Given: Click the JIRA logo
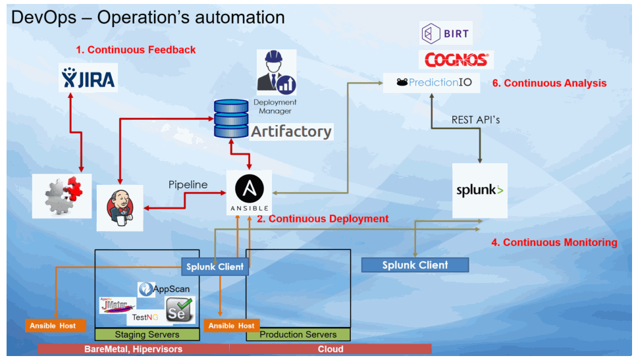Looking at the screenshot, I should [x=88, y=78].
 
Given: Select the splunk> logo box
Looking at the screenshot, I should [x=480, y=191].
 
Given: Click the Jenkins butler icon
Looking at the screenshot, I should [x=120, y=207].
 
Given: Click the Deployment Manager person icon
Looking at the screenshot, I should [x=276, y=74].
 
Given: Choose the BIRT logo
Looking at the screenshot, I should [x=446, y=33].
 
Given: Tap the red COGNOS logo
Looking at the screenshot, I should [x=456, y=60].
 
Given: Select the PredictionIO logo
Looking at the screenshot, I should [x=431, y=82].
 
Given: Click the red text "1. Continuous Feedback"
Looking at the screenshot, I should [x=135, y=49].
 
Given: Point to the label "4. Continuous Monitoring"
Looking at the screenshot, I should [x=554, y=242].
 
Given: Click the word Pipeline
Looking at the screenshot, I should [x=188, y=185].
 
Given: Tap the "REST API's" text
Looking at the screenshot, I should [x=476, y=120].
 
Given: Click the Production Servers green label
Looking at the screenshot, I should [x=298, y=334].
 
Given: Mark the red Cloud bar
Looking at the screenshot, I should [x=331, y=349].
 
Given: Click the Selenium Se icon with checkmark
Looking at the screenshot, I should [x=179, y=309].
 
